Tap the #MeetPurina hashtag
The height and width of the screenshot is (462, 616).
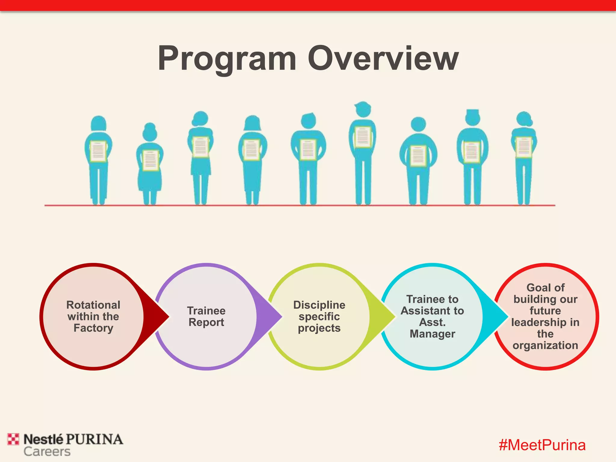tap(542, 445)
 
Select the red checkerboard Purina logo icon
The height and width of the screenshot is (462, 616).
tap(13, 439)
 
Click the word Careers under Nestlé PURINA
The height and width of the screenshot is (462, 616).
tap(47, 451)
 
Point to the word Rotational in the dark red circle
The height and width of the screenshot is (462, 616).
tap(93, 305)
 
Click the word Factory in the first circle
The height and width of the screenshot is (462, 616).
tap(93, 328)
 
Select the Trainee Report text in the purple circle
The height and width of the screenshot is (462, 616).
tap(206, 316)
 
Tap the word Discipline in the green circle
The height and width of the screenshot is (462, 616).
tap(319, 305)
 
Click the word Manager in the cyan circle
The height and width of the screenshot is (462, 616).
tap(432, 334)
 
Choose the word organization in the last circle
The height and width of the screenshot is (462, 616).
tap(545, 345)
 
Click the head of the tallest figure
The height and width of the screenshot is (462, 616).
tap(363, 109)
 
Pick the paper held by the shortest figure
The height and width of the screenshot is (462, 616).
tap(150, 160)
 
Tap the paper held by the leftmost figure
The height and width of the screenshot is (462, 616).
tap(98, 151)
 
